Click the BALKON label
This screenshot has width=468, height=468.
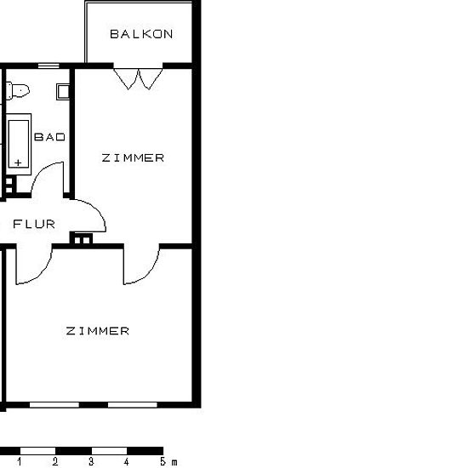[x=141, y=34]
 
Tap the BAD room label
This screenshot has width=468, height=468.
[x=50, y=137]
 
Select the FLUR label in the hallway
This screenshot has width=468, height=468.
[x=34, y=224]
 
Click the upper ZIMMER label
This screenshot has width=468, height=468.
[x=133, y=157]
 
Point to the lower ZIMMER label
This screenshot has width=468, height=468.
[x=98, y=331]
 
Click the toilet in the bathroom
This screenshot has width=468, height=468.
[x=18, y=90]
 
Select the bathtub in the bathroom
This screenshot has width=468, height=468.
[x=19, y=144]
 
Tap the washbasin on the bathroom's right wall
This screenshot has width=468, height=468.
[x=63, y=91]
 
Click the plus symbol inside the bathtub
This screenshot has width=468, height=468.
[x=18, y=163]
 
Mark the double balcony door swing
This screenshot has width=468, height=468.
[x=138, y=79]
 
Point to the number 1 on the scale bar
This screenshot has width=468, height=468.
[x=20, y=461]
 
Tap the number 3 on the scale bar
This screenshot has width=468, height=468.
[x=91, y=461]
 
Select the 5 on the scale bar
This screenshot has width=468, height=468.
[x=163, y=461]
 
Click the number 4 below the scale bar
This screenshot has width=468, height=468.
[x=127, y=461]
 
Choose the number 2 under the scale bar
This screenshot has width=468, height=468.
[x=55, y=461]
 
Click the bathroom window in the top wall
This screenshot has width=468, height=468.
[x=49, y=66]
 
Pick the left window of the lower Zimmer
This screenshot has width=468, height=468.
[x=54, y=405]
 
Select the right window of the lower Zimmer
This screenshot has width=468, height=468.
[x=133, y=405]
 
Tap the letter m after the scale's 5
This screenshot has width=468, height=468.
[x=174, y=462]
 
